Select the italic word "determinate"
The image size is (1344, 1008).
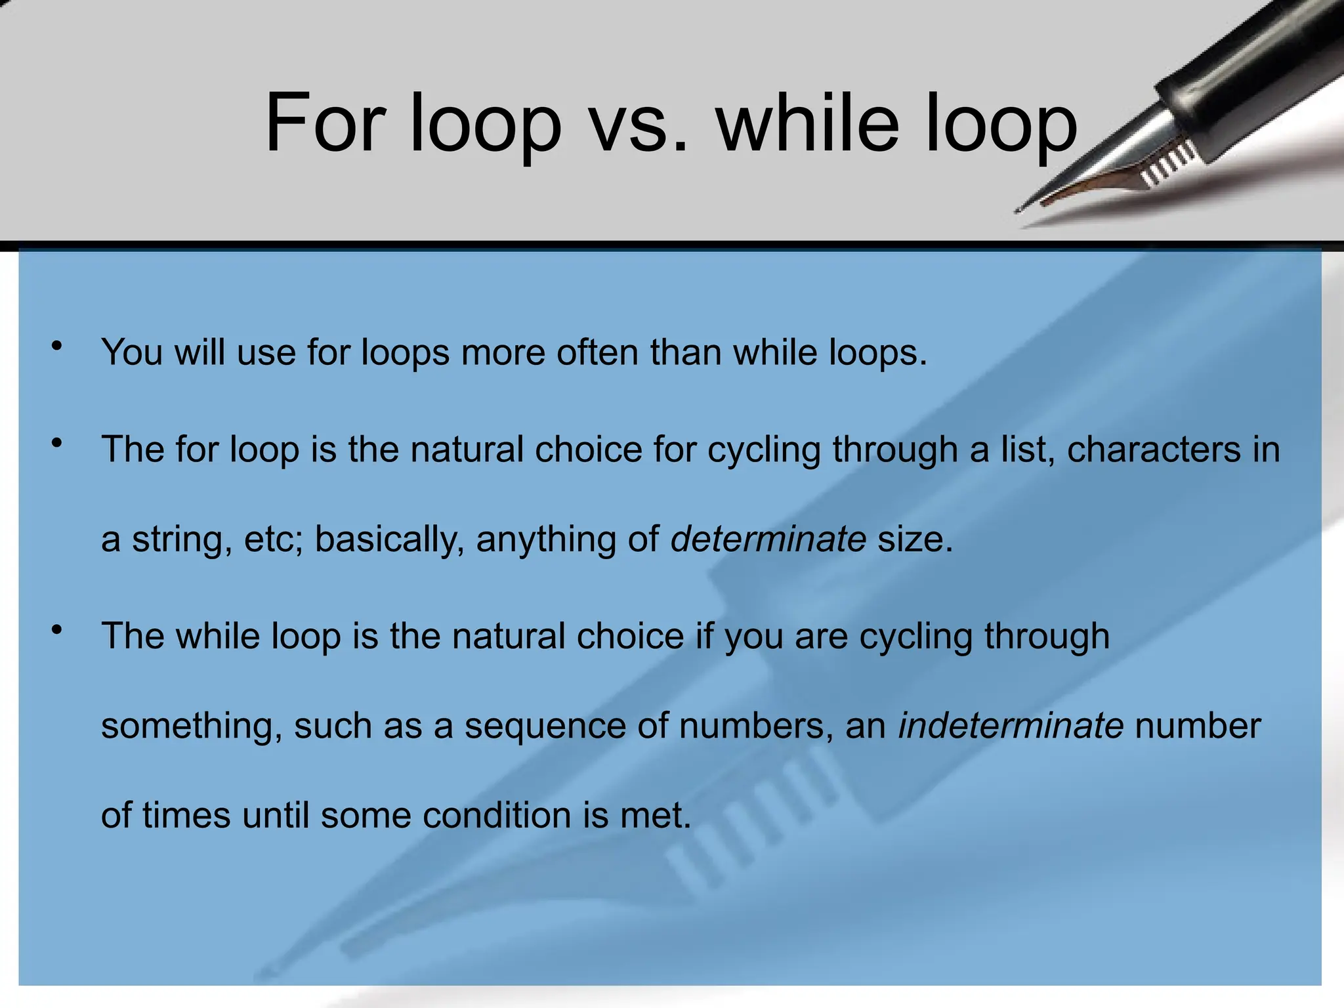768,539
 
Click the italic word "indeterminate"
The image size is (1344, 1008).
1011,726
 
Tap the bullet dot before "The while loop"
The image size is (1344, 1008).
58,630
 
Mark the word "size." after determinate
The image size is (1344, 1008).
915,539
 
